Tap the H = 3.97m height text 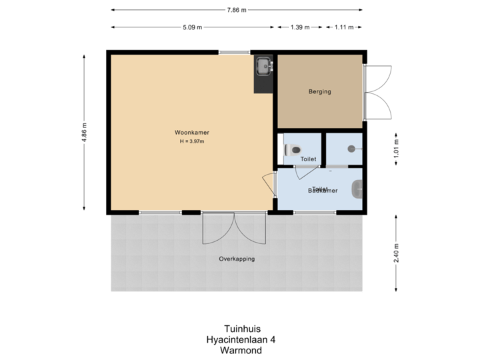pyautogui.click(x=191, y=141)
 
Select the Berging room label pyautogui.click(x=319, y=92)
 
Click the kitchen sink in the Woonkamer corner pyautogui.click(x=264, y=66)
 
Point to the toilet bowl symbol pyautogui.click(x=293, y=149)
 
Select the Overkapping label pyautogui.click(x=237, y=259)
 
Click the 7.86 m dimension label pyautogui.click(x=237, y=10)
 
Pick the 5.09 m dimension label pyautogui.click(x=193, y=27)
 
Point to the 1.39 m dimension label pyautogui.click(x=300, y=27)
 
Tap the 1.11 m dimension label pyautogui.click(x=343, y=27)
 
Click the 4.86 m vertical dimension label pyautogui.click(x=83, y=132)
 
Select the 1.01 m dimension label pyautogui.click(x=396, y=145)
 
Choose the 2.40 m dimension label pyautogui.click(x=396, y=253)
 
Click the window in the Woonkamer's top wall pyautogui.click(x=235, y=52)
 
